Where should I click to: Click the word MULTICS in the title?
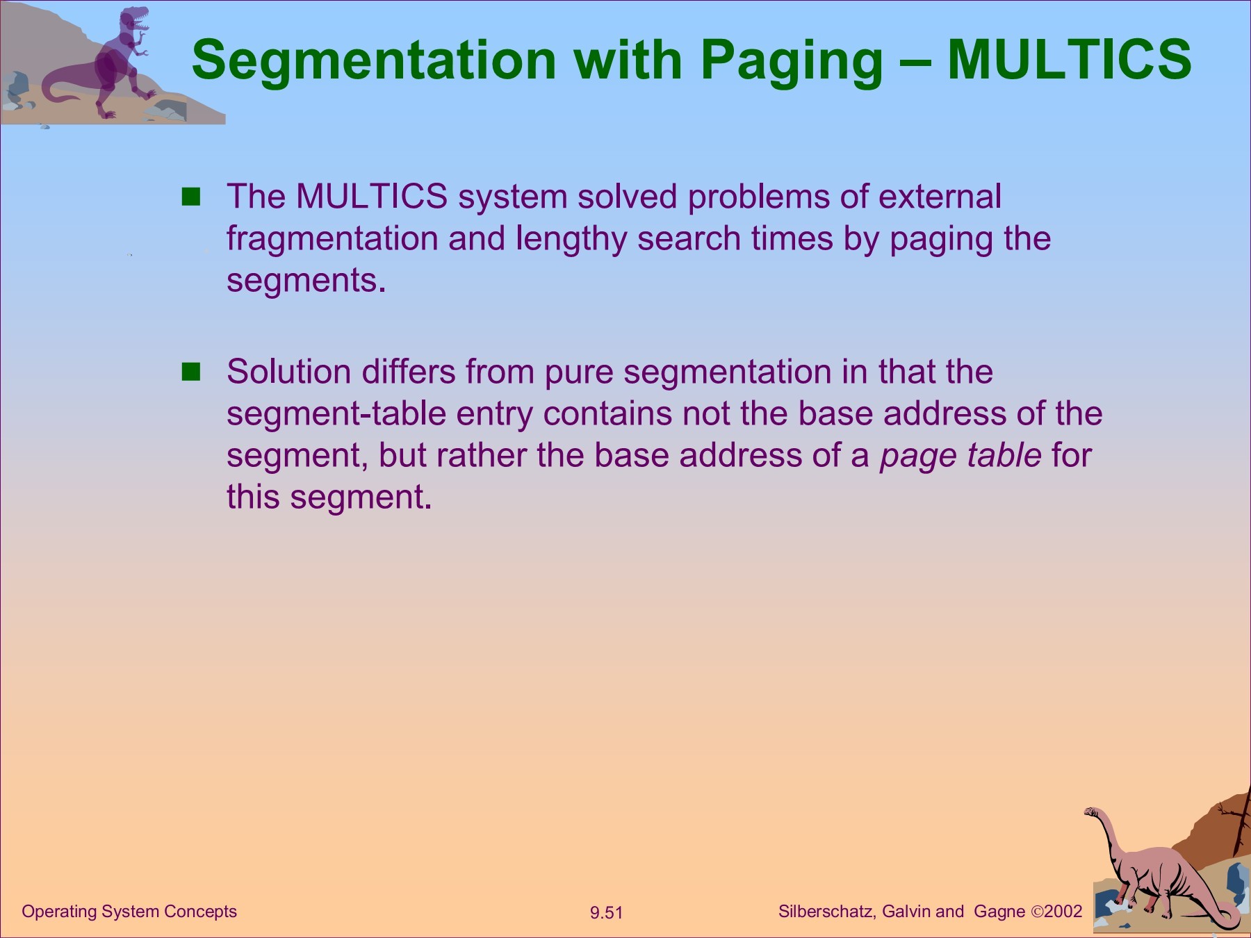click(x=1070, y=59)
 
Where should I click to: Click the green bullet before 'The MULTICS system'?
click(x=190, y=197)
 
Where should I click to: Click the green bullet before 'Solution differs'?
click(x=190, y=372)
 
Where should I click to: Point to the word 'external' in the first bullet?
click(x=940, y=196)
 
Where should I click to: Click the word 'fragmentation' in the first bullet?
click(x=332, y=239)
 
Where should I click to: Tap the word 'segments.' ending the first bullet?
click(x=306, y=281)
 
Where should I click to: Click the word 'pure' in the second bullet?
click(x=579, y=374)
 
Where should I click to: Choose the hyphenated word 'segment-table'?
click(x=336, y=415)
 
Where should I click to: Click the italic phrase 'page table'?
click(x=960, y=456)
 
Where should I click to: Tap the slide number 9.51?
click(x=606, y=912)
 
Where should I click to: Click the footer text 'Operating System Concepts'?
click(x=129, y=912)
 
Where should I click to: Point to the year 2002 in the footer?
click(x=1063, y=912)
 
